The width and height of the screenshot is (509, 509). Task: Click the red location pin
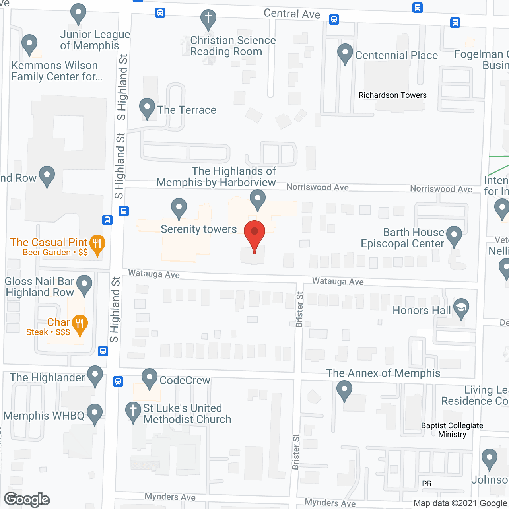click(254, 235)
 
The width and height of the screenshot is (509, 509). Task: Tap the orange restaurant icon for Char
click(80, 324)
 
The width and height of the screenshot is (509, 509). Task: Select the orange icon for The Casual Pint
click(97, 243)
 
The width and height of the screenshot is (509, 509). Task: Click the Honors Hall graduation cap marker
click(461, 308)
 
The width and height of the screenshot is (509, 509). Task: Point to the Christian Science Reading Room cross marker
click(208, 18)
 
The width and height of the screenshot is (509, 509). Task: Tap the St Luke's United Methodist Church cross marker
click(133, 411)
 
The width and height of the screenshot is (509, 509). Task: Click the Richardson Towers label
click(392, 95)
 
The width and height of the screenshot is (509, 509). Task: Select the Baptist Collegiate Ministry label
click(452, 430)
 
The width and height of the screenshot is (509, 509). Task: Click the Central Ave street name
click(292, 14)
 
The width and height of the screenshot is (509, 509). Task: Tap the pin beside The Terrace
click(147, 107)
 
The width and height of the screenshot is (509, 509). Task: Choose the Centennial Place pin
click(345, 53)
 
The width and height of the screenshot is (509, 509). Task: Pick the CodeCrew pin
click(150, 378)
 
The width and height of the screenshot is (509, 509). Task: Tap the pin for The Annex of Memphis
click(344, 390)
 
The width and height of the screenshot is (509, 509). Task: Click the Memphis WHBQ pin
click(95, 413)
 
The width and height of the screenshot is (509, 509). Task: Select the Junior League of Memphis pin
click(78, 13)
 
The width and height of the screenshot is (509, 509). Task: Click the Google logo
click(27, 499)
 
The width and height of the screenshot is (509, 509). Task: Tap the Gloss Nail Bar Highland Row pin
click(84, 284)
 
